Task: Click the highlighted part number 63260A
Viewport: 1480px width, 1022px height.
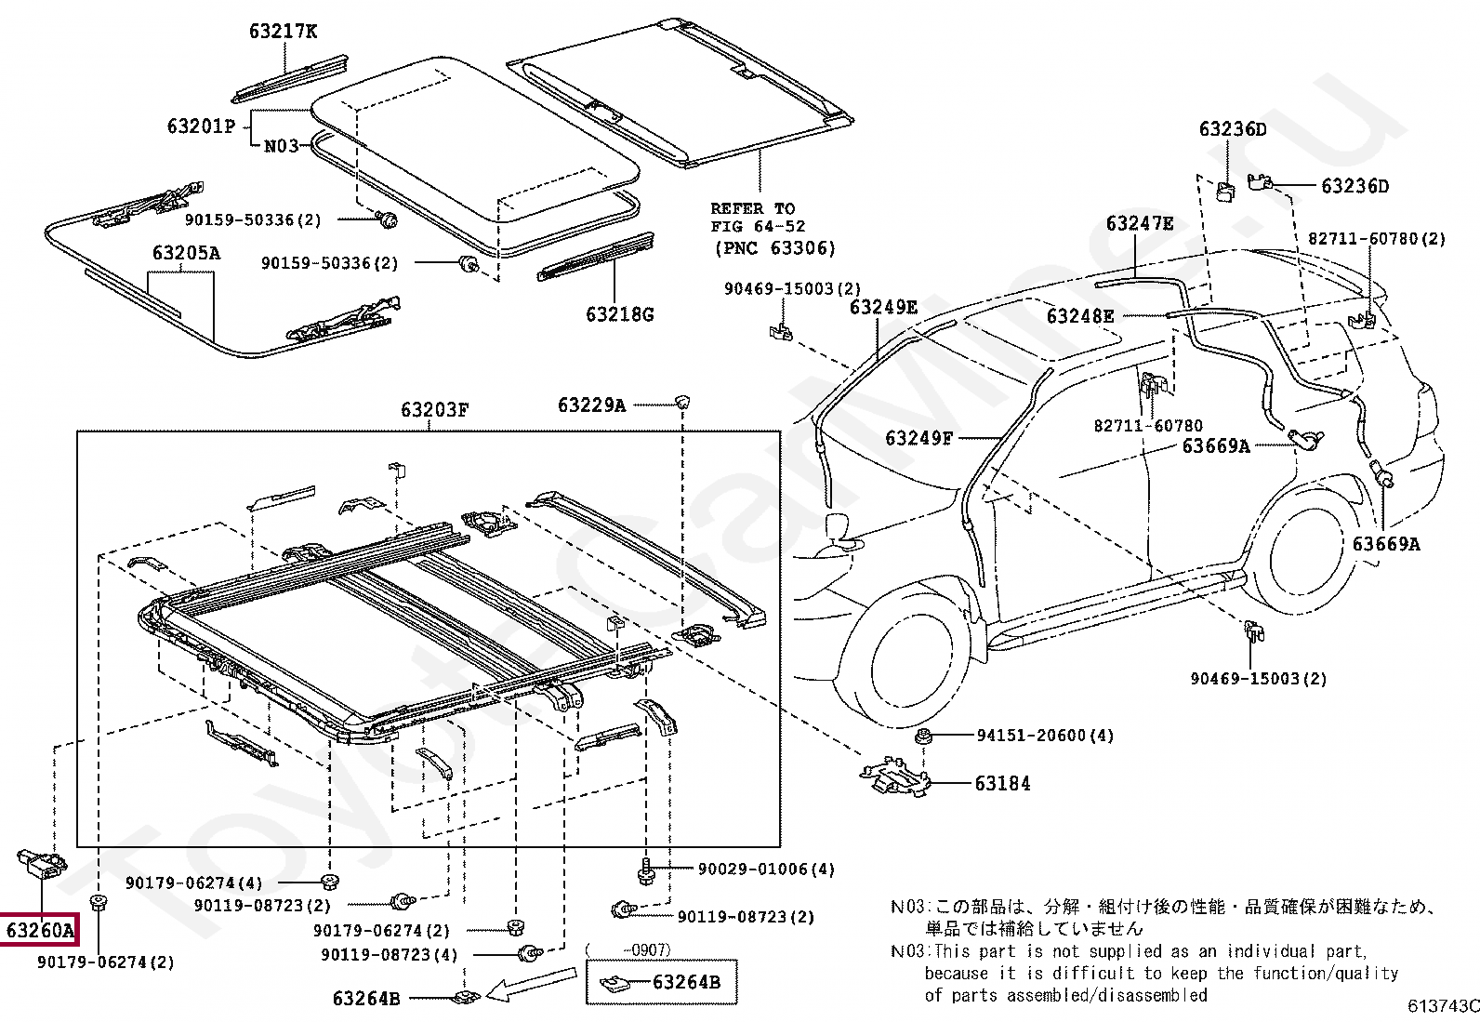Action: point(39,930)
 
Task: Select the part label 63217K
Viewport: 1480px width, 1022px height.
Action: point(283,32)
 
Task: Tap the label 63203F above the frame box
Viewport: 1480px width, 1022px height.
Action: point(434,409)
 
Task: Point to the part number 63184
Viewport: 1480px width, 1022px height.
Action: point(1002,784)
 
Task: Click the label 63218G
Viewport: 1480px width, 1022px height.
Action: point(619,314)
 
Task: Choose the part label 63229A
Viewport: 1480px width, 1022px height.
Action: point(591,405)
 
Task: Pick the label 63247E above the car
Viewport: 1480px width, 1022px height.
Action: point(1139,224)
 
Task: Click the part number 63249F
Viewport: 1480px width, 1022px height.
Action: point(918,437)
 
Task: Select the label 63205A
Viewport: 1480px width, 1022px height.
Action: point(186,253)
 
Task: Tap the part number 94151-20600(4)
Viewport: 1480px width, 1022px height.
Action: point(1045,736)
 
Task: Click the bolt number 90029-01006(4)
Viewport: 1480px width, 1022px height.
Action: point(766,869)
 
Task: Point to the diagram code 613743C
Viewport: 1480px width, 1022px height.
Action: point(1442,1006)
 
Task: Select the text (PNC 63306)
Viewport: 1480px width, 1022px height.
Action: point(774,248)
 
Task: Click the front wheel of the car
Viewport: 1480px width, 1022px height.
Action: point(901,666)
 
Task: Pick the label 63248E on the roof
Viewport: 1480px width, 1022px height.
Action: point(1079,316)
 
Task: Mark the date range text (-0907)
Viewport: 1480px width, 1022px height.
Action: point(628,949)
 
